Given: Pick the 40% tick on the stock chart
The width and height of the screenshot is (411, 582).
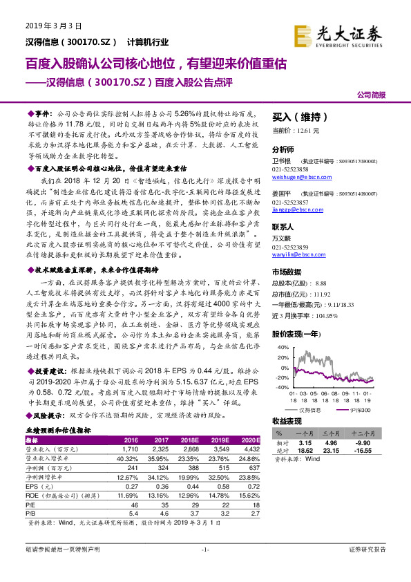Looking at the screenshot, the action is tap(282, 347).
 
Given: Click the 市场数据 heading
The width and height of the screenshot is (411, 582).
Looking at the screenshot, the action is tap(287, 273).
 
